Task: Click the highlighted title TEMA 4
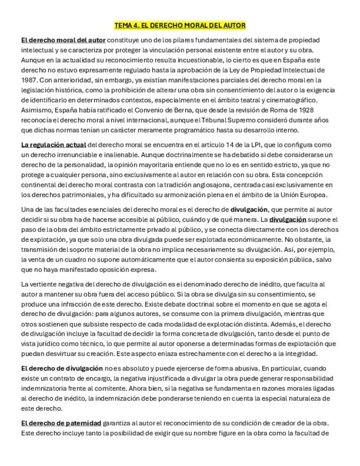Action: [180, 25]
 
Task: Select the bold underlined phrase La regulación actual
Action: [53, 145]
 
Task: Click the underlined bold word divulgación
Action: [287, 219]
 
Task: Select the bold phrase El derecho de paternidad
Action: [61, 423]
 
